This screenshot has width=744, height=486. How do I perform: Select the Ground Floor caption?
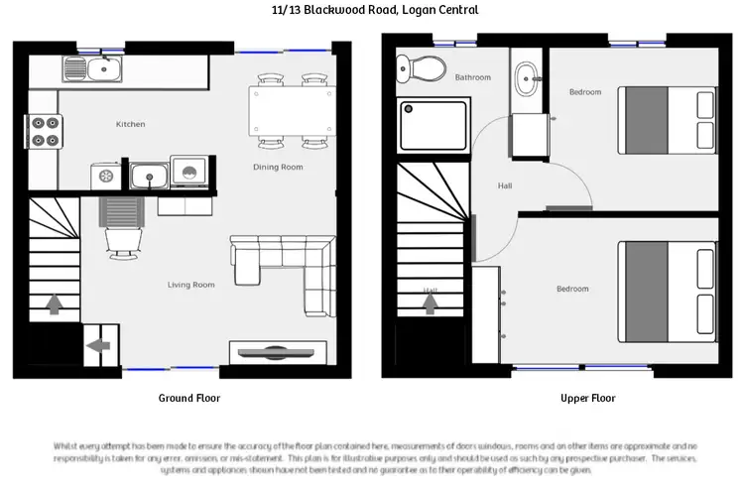[x=189, y=398]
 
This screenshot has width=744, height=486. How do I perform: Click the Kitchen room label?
[x=130, y=124]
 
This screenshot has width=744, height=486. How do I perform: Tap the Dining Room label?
[x=278, y=167]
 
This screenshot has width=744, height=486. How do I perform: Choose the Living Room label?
[x=190, y=285]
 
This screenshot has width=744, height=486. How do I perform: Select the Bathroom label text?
[x=472, y=76]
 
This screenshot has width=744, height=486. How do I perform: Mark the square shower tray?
[x=433, y=127]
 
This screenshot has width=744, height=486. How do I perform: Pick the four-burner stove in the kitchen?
[x=45, y=131]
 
